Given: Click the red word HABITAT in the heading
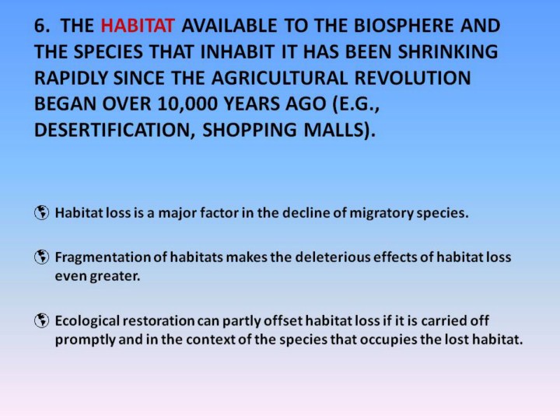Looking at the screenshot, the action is [138, 26].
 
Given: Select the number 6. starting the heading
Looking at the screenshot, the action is [42, 26].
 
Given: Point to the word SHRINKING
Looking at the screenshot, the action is [448, 52].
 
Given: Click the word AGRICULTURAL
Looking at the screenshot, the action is [279, 78].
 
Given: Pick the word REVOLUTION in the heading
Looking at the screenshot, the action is [412, 78].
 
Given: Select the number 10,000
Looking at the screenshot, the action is [187, 104].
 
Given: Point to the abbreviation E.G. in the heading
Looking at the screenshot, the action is [355, 104].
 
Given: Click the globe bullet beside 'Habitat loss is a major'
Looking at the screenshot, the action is [41, 213].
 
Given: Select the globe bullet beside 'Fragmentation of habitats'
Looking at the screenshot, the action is [41, 257].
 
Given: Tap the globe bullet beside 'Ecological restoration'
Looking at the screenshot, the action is [41, 320].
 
